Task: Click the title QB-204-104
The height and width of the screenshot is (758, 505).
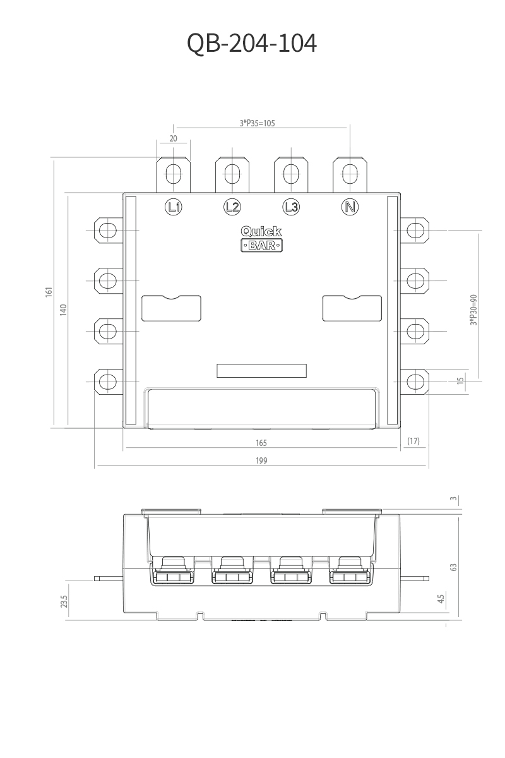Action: (252, 44)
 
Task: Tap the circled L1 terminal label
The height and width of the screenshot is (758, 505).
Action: (174, 206)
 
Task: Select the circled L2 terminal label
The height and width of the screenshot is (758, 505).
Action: (232, 206)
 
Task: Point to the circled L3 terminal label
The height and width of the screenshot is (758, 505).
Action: (290, 206)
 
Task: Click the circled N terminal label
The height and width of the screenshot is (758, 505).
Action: (349, 206)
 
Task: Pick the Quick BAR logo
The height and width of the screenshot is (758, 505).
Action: (261, 239)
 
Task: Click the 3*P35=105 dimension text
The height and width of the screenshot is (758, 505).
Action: (257, 123)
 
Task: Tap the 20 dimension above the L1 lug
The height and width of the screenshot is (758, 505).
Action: (174, 138)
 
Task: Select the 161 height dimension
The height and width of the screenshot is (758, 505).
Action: (49, 294)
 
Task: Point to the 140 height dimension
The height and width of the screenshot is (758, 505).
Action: (63, 310)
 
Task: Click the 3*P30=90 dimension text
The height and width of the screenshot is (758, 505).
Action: (473, 310)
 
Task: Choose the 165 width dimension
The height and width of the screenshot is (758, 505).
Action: (261, 443)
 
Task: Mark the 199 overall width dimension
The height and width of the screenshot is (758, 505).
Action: (261, 460)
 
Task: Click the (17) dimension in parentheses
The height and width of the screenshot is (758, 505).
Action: (413, 441)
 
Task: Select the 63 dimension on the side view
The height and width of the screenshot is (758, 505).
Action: (453, 567)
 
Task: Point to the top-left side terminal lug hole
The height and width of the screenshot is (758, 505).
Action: (109, 229)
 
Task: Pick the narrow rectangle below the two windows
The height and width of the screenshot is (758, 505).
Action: (261, 371)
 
